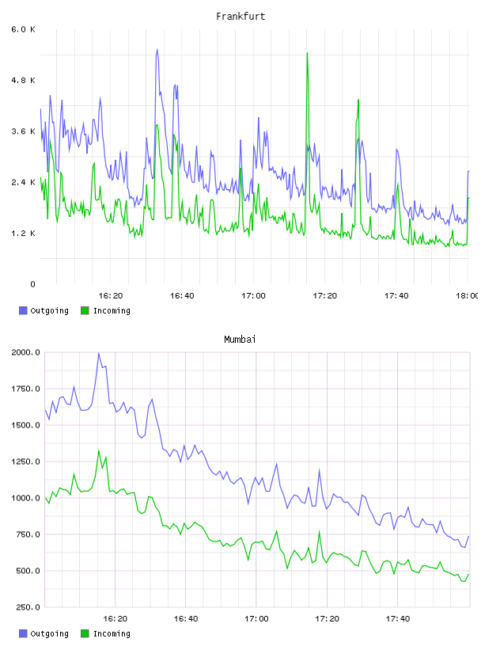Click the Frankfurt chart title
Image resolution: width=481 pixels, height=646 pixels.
(240, 17)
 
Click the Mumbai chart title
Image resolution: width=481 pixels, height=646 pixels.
(240, 340)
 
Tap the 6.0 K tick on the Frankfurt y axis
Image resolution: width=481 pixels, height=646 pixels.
(23, 29)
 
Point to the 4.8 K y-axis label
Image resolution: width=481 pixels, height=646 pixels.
(23, 80)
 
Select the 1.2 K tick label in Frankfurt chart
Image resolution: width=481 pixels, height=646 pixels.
(23, 234)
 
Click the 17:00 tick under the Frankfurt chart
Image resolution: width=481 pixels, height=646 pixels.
(253, 296)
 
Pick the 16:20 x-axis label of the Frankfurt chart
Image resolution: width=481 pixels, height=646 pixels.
(111, 296)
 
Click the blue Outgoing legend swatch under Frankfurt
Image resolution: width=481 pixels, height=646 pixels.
(23, 310)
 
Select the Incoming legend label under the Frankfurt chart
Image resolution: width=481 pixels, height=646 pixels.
(112, 310)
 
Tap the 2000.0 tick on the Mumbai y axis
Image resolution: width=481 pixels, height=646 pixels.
(25, 352)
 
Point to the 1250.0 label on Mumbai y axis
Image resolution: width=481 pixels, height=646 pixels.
(25, 462)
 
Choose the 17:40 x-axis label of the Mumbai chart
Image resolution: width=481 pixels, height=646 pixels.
(398, 619)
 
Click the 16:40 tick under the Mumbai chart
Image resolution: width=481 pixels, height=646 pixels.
(186, 619)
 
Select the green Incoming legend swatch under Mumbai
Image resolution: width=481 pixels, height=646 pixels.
(85, 633)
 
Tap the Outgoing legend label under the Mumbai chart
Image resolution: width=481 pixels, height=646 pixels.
(49, 633)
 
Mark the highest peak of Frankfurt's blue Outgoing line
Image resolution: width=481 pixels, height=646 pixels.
(157, 49)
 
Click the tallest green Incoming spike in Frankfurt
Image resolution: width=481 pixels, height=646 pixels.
(307, 53)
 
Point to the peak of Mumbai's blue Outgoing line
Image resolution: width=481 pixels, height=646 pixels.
(98, 353)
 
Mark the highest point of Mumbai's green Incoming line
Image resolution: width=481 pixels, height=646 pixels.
(98, 450)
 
